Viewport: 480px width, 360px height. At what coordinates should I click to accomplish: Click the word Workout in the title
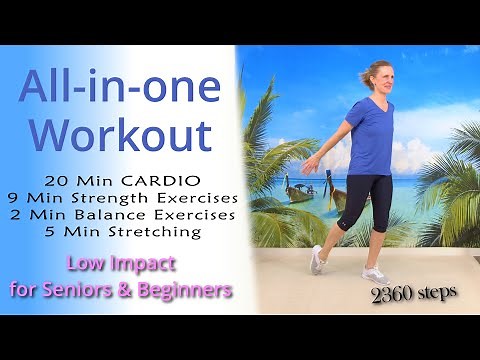coord(119,134)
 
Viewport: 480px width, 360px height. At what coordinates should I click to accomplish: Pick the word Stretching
coord(159,232)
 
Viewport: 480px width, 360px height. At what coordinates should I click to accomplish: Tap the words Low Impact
coord(121,265)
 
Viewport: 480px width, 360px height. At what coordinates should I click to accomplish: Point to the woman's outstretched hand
coord(308,169)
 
